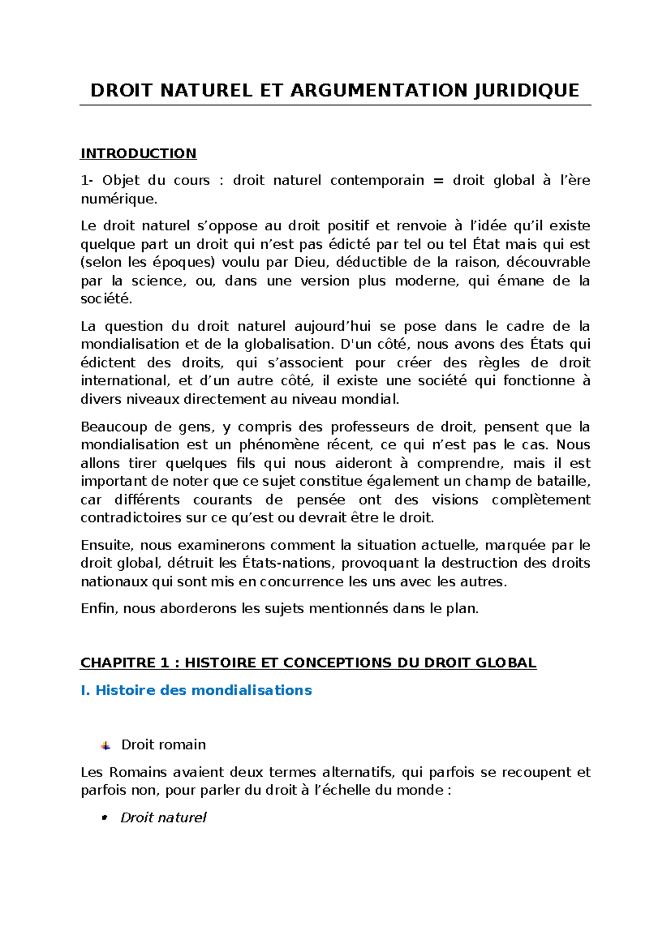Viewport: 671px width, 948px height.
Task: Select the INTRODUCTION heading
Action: coord(138,154)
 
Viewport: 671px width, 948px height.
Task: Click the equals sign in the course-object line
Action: coord(438,181)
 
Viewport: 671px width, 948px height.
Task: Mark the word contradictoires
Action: coord(131,518)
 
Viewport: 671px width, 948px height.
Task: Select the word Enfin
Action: coord(98,609)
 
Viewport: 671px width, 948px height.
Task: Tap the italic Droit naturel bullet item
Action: coord(163,818)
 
